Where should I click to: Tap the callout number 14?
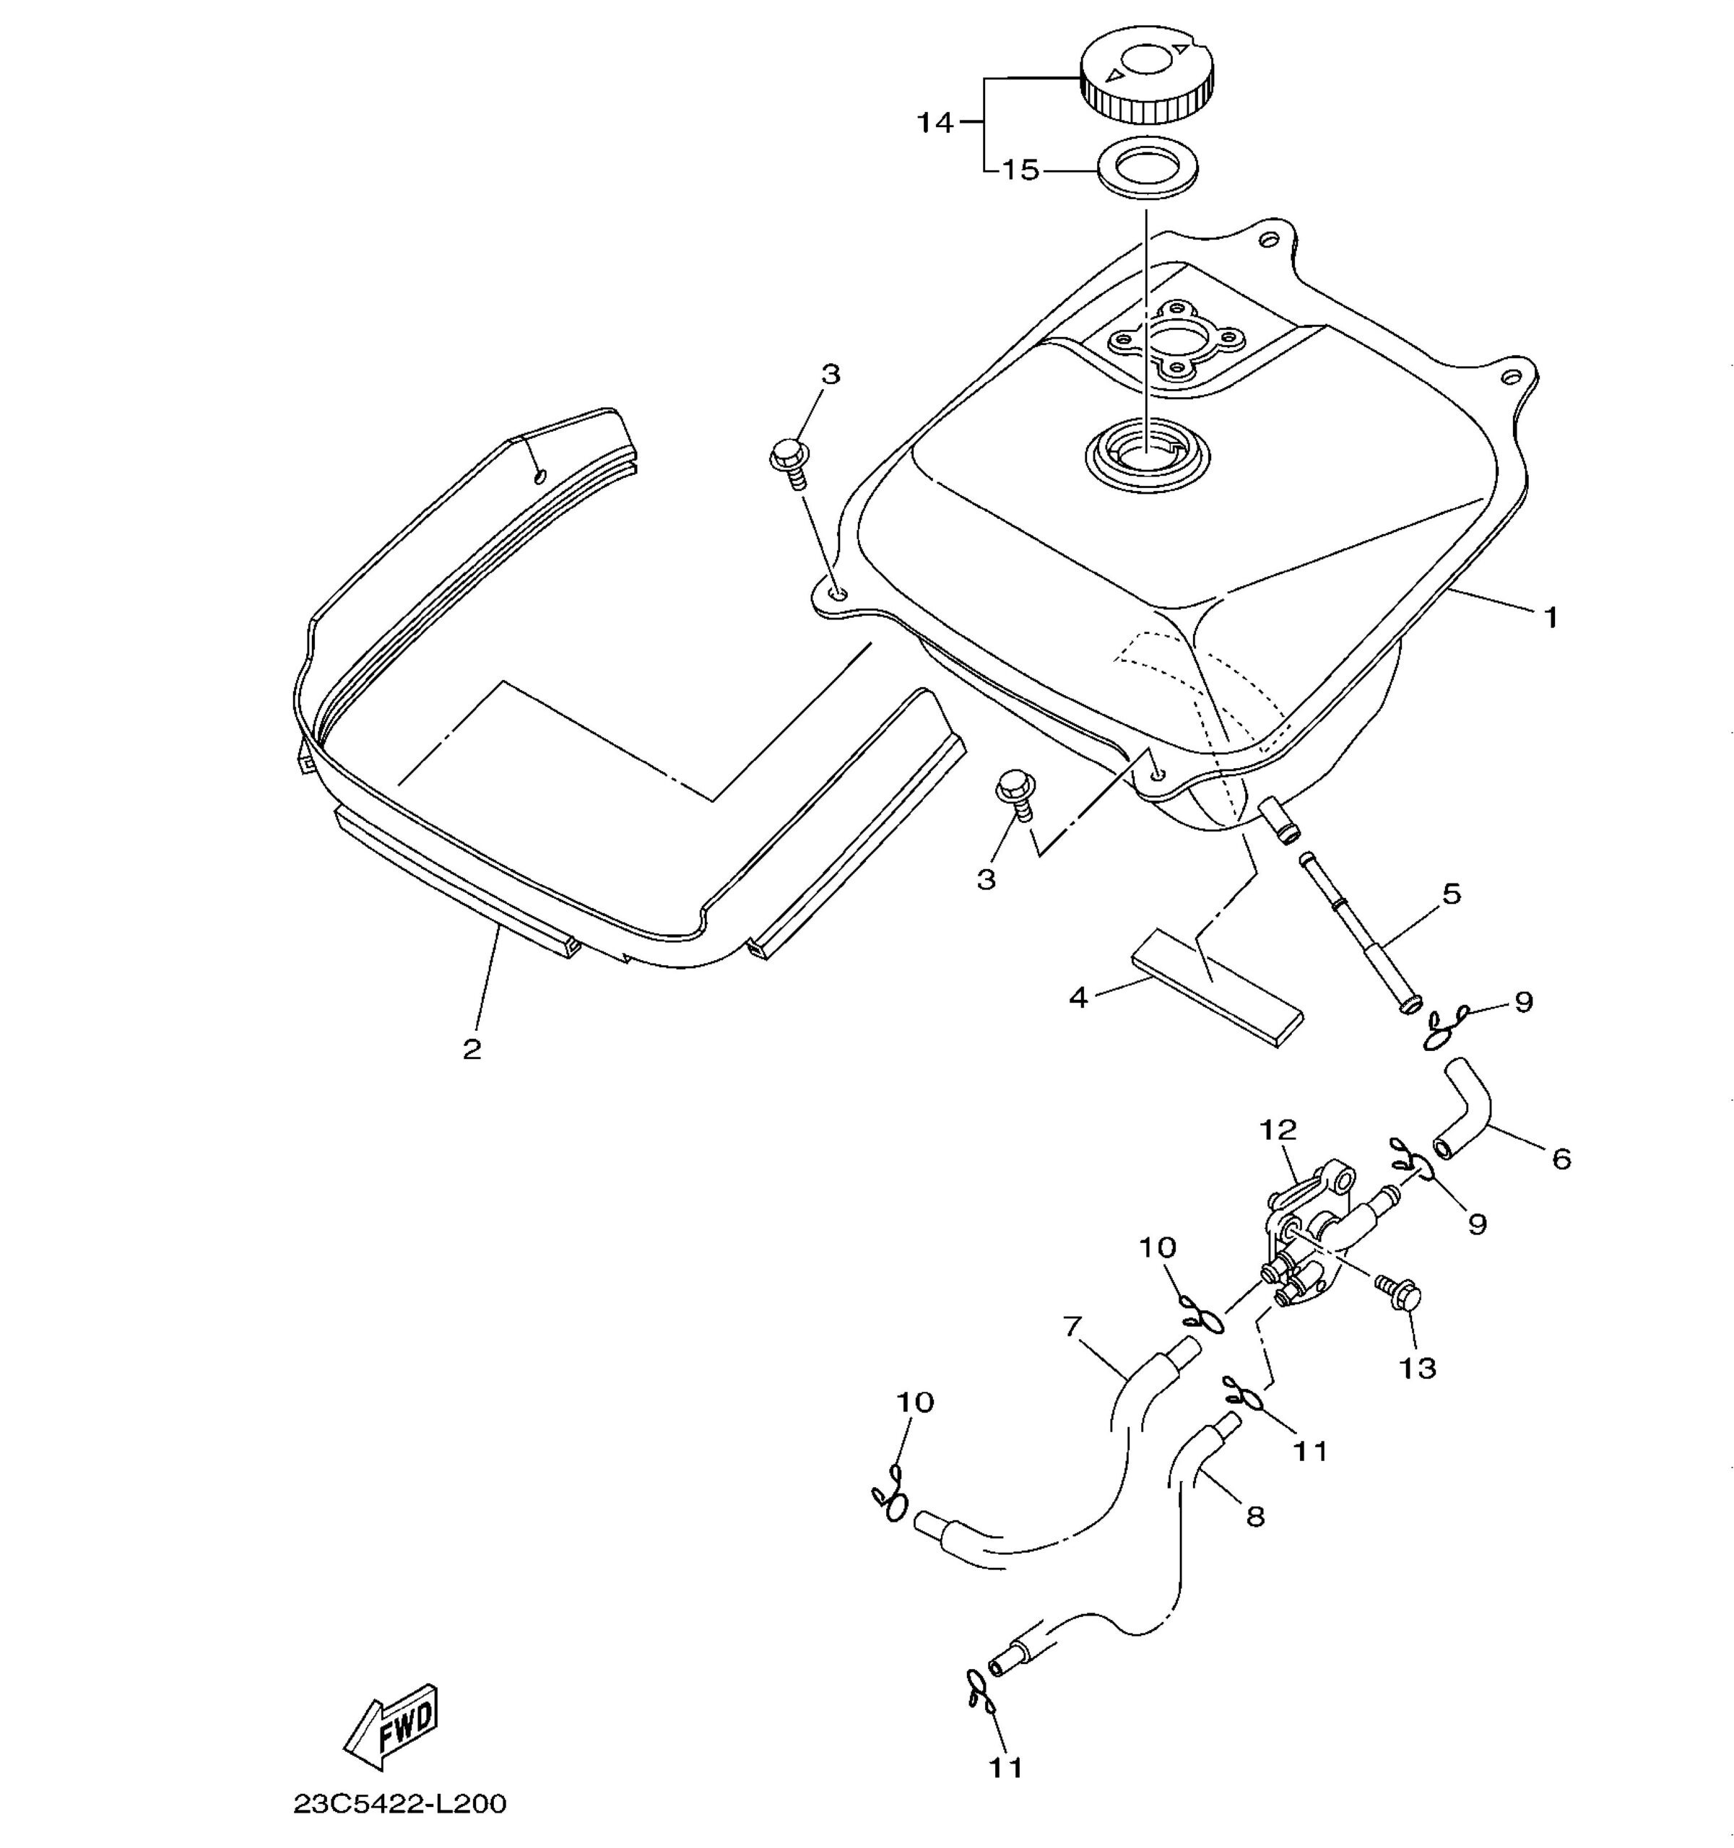click(x=935, y=122)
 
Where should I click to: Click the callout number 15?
click(x=1020, y=171)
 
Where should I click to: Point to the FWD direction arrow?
click(x=391, y=1727)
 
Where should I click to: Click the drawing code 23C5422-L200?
click(x=400, y=1804)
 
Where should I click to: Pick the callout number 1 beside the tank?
click(x=1551, y=617)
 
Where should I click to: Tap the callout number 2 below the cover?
click(x=472, y=1050)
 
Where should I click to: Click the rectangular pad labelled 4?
click(x=1217, y=988)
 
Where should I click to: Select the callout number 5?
click(x=1452, y=894)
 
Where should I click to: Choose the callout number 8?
click(x=1255, y=1518)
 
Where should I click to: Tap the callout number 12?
click(x=1278, y=1130)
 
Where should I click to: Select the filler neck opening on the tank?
click(x=1149, y=455)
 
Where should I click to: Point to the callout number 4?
click(x=1078, y=998)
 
